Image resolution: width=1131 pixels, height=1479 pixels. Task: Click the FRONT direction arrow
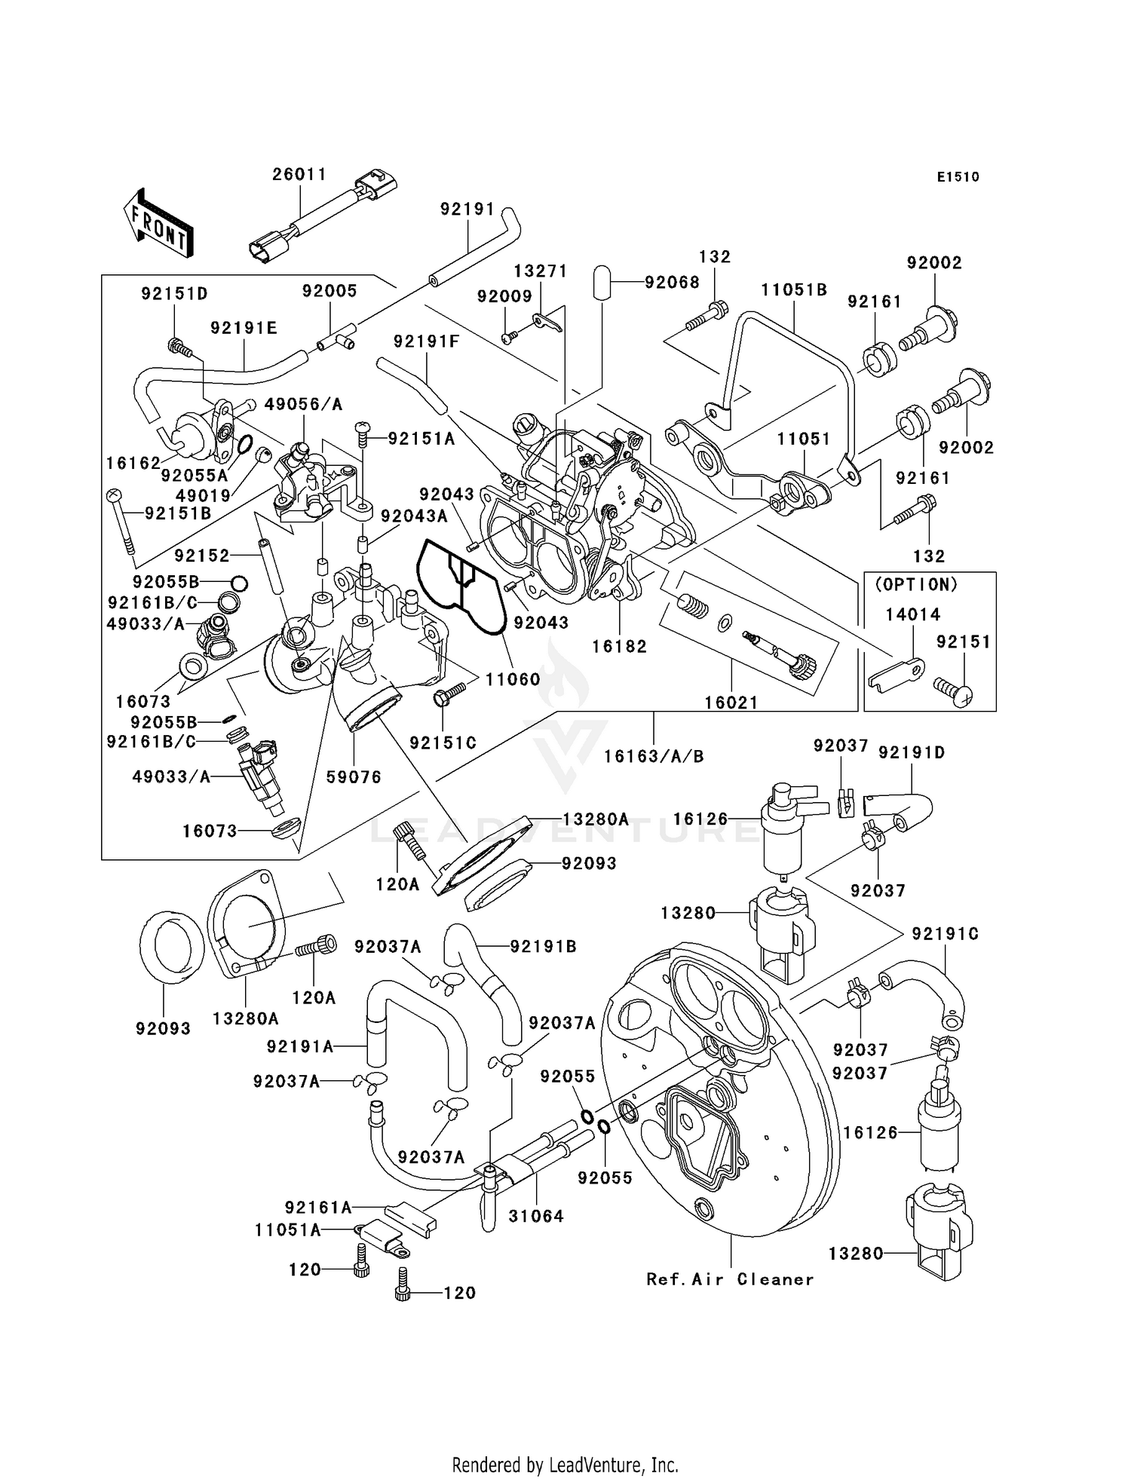coord(158,224)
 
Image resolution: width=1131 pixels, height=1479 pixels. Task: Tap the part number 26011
coord(299,174)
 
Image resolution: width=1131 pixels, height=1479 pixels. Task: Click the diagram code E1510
coord(958,177)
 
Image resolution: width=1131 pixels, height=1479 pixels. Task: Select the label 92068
coord(672,282)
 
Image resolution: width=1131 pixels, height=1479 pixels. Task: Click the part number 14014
coord(912,614)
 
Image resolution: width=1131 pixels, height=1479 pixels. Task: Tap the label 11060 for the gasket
coord(513,679)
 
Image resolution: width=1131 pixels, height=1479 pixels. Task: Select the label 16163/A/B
coord(654,756)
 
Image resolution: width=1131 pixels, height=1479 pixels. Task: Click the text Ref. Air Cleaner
coord(730,1279)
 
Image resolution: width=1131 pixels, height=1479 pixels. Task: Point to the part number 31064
coord(536,1216)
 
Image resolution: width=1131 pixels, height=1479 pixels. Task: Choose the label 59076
coord(354,776)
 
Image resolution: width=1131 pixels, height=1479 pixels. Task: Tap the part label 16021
coord(731,703)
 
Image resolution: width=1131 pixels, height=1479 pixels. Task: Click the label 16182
coord(619,646)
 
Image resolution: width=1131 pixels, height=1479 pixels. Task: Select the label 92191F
coord(426,341)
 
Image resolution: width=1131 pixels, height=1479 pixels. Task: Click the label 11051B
coord(794,290)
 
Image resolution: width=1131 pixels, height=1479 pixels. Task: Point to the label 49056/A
coord(303,405)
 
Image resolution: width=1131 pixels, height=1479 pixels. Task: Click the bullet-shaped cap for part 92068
coord(602,282)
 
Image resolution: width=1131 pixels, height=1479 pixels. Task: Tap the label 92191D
coord(912,752)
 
